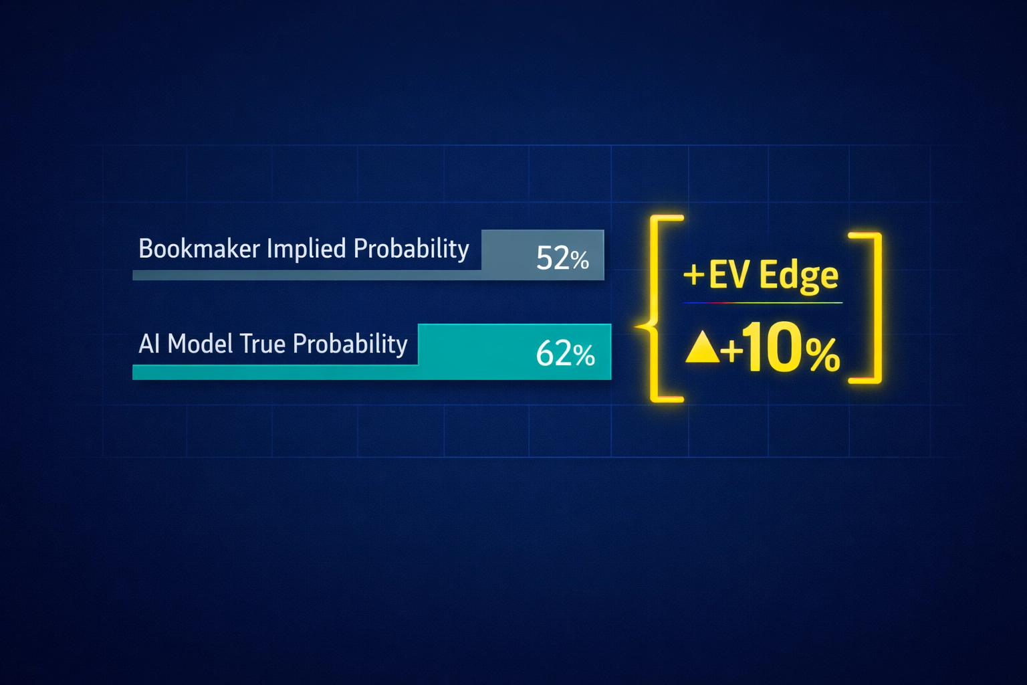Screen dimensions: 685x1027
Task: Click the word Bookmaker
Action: tap(199, 249)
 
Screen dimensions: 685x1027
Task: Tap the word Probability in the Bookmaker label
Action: tap(411, 249)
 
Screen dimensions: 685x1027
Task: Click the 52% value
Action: tap(562, 258)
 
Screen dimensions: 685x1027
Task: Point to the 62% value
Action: tap(565, 354)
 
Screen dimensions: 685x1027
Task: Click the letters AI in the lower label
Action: tap(150, 344)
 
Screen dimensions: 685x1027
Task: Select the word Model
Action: tap(200, 344)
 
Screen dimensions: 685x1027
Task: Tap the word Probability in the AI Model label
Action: tap(350, 344)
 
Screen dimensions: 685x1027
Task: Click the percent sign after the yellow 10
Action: tap(822, 355)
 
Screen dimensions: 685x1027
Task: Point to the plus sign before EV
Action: tap(694, 275)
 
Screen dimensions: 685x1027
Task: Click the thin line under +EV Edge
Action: tap(762, 303)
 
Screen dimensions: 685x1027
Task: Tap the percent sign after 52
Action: tap(580, 260)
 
